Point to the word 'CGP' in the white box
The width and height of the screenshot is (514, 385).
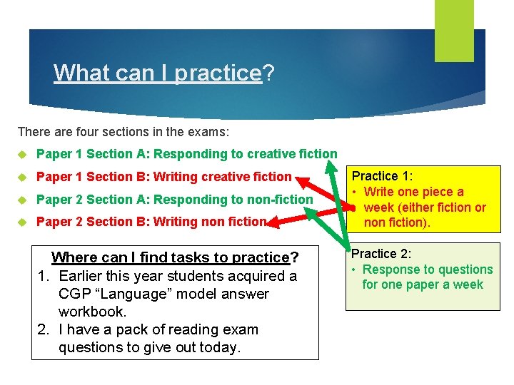75,294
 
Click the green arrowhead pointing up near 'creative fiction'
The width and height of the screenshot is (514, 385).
333,165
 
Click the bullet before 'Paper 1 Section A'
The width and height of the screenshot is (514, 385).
22,154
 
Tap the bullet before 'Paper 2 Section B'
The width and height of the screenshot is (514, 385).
22,222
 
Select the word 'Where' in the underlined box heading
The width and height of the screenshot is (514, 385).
71,257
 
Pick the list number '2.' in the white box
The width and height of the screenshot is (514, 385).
46,329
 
